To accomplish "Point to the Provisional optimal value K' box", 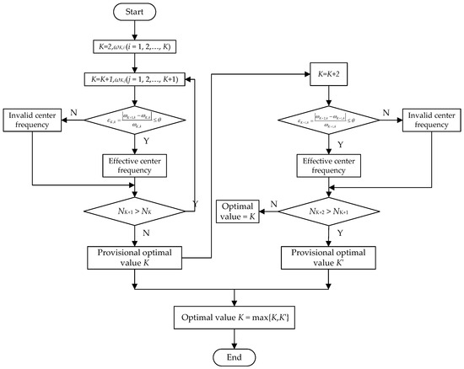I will tap(327, 256).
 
